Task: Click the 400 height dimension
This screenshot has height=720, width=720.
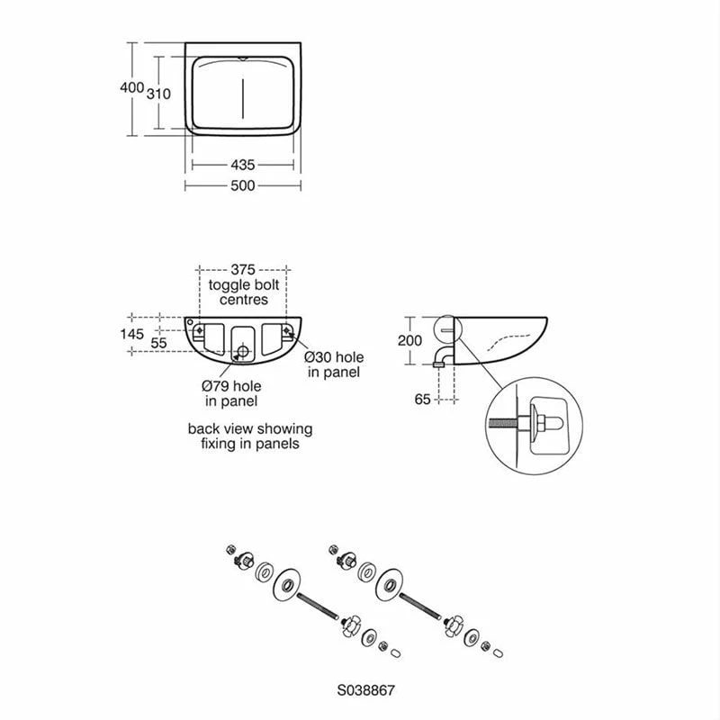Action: (131, 87)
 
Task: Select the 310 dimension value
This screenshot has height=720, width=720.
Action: (158, 93)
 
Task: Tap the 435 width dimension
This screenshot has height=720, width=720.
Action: (243, 165)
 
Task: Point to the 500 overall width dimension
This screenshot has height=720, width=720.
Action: (243, 185)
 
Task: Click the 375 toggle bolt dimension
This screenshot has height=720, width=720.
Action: (243, 269)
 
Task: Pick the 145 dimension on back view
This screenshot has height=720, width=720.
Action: (131, 334)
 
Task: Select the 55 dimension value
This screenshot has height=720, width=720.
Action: (158, 343)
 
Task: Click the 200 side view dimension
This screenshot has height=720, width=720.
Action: (410, 339)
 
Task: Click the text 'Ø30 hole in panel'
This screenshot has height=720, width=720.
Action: (334, 364)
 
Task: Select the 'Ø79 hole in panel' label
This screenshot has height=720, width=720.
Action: (231, 392)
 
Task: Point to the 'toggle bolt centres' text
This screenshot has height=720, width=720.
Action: (243, 292)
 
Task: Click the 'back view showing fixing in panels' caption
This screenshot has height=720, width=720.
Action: (243, 436)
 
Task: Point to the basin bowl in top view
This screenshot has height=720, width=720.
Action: (243, 91)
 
